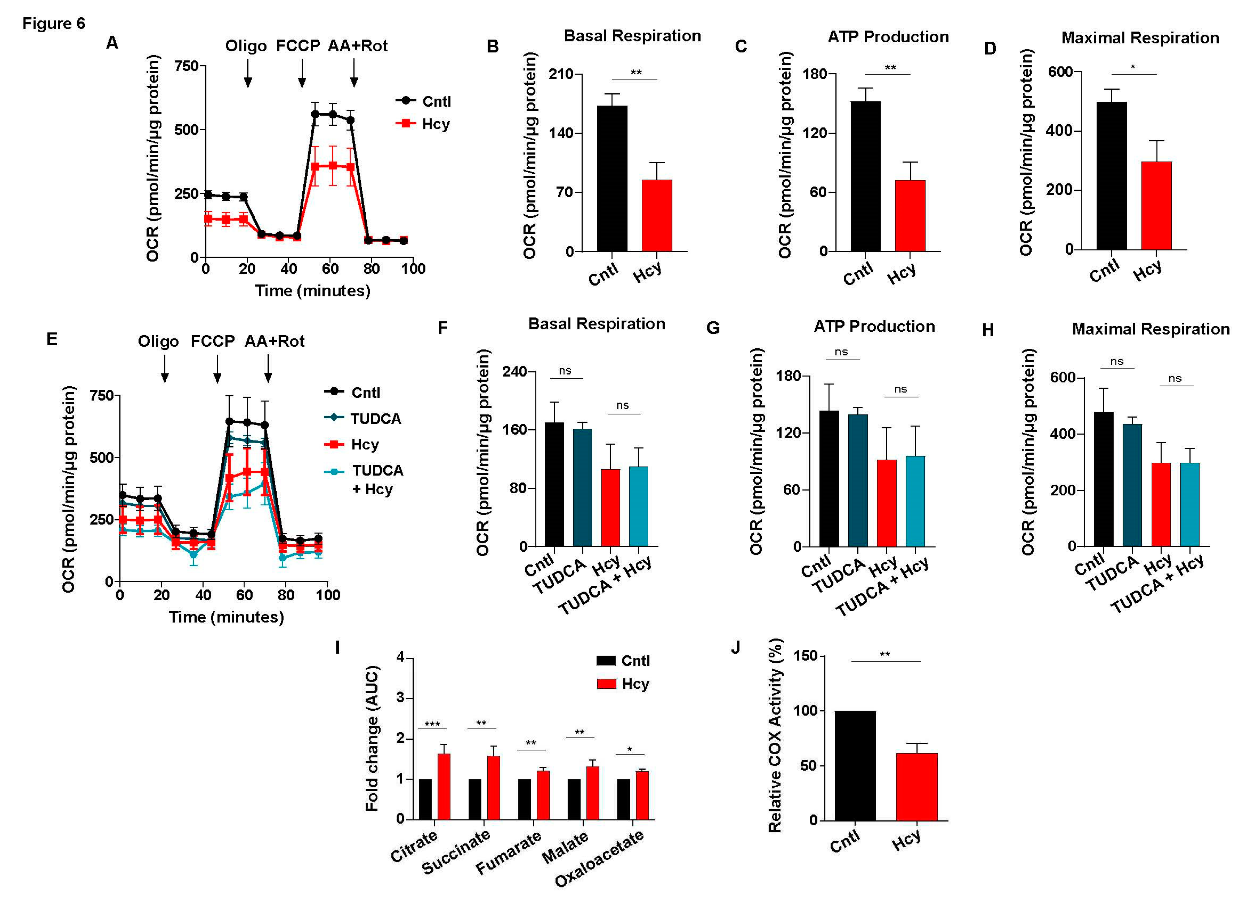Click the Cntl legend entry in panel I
[623, 661]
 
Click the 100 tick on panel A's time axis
[413, 268]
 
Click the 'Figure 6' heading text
[53, 23]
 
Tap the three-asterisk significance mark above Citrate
[432, 725]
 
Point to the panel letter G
[713, 328]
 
